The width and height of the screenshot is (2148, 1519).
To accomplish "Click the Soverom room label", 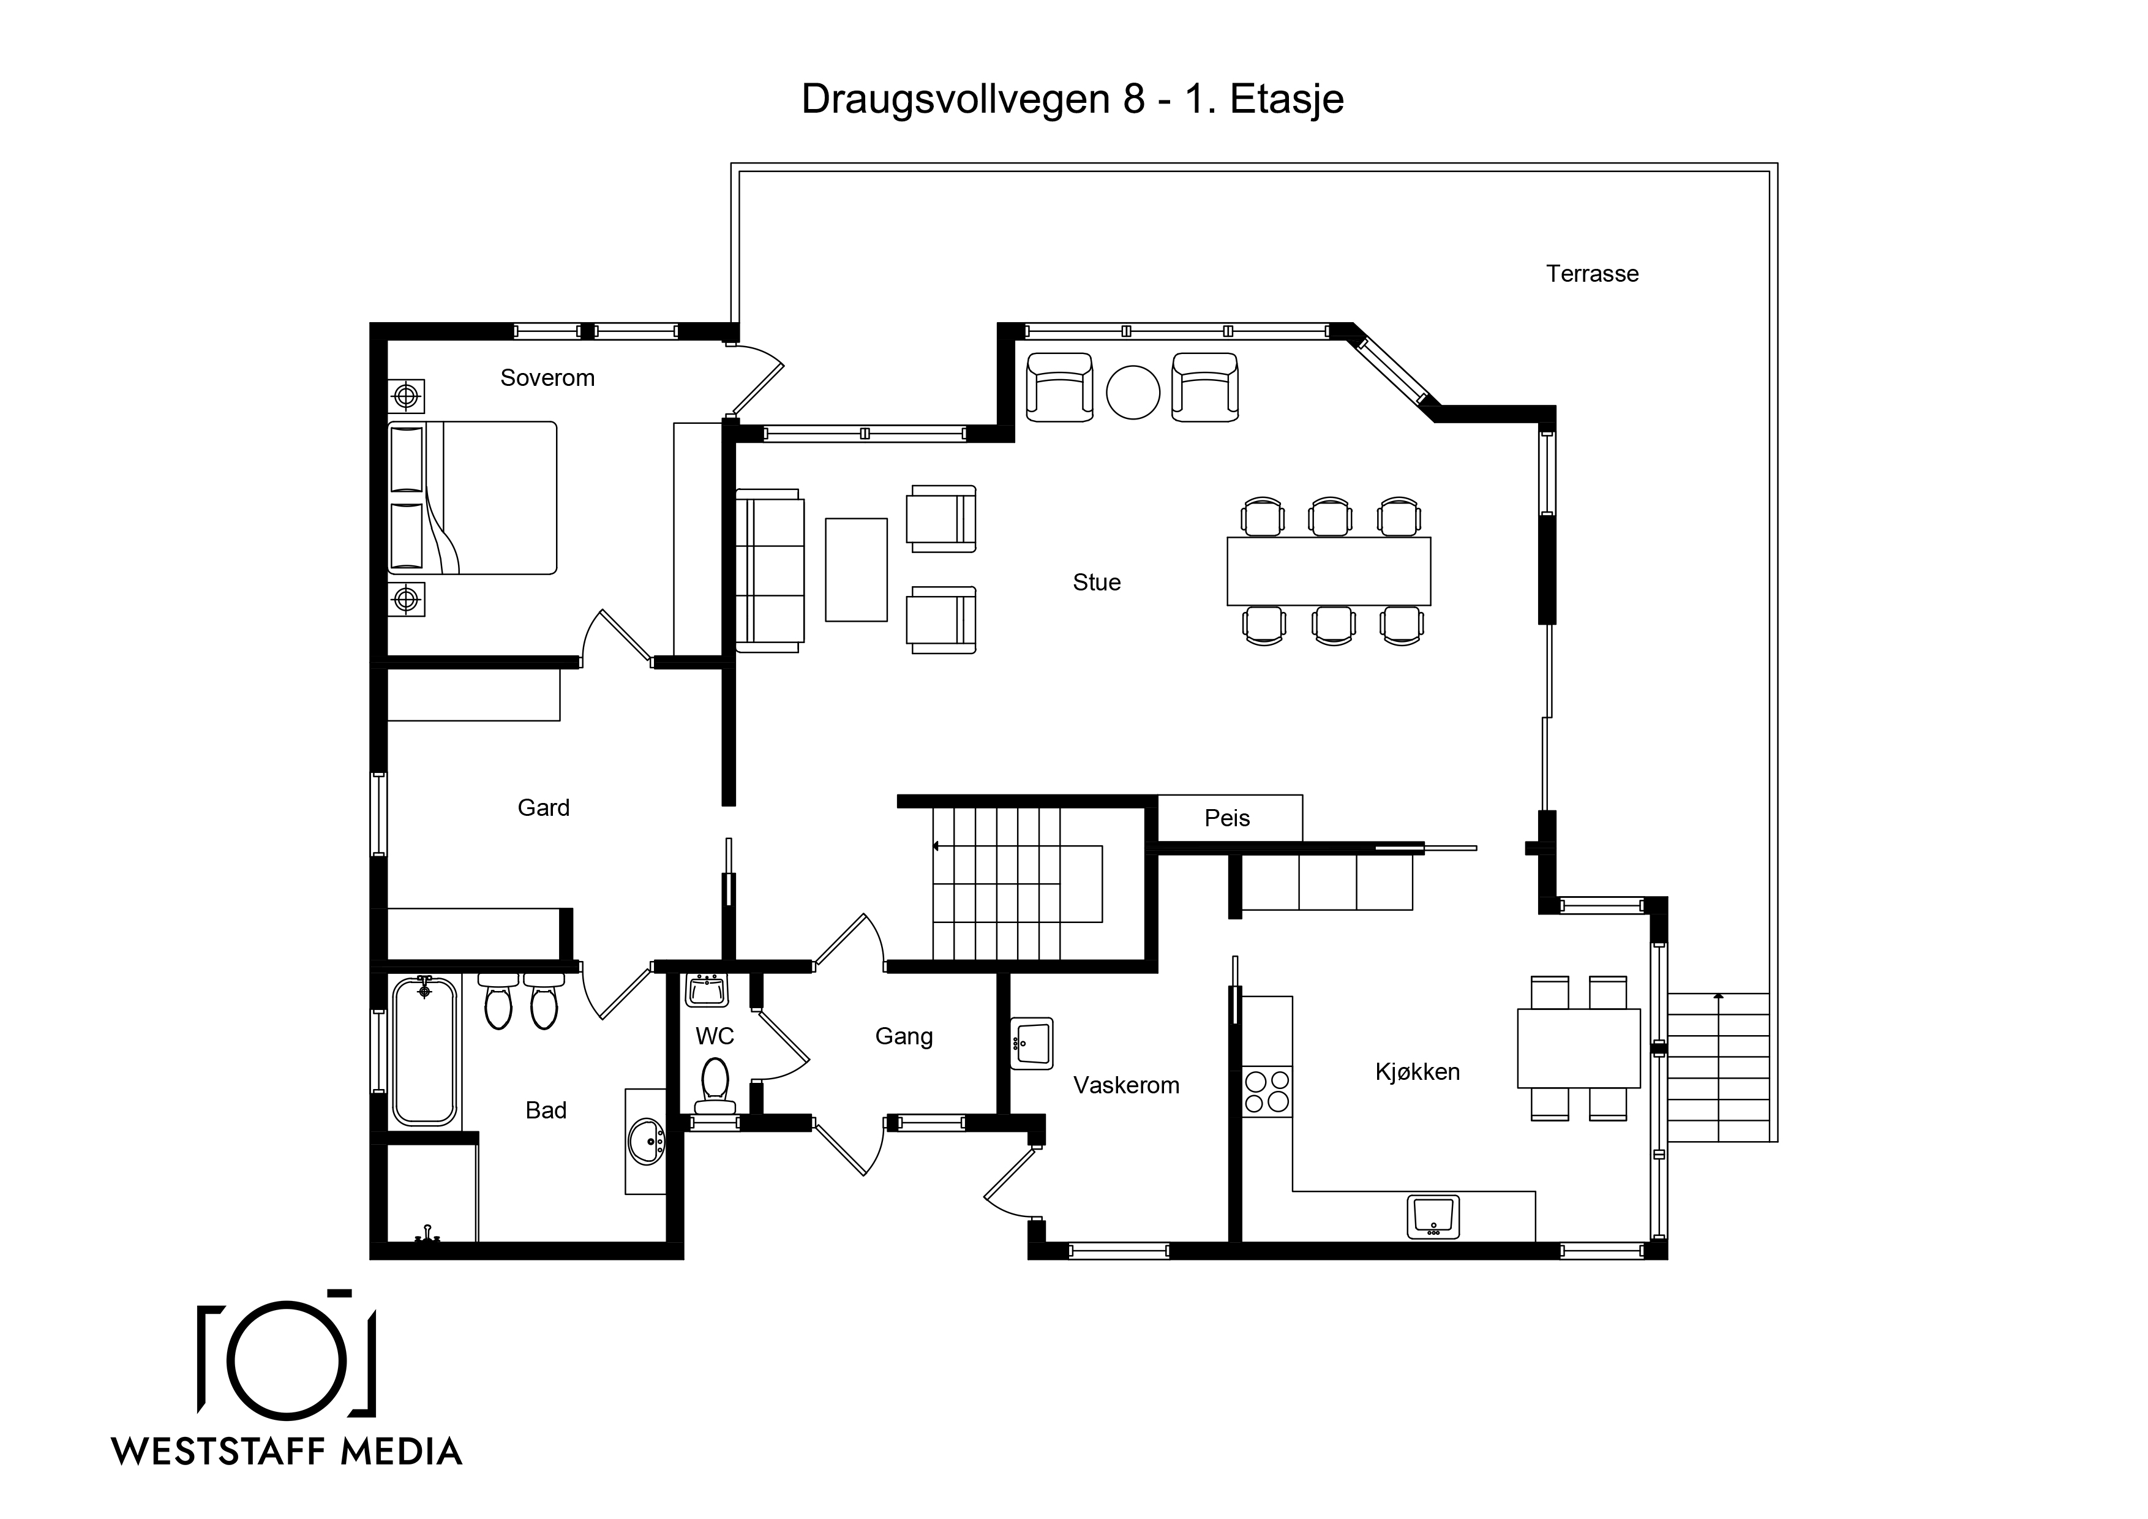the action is [547, 378].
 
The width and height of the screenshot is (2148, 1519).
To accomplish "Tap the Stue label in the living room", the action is [1097, 582].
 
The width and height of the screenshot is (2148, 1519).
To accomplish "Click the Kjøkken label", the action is [1418, 1072].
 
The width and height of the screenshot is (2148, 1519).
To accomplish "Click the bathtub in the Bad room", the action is [425, 1050].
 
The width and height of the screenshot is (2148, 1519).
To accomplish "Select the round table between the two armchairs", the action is [1133, 392].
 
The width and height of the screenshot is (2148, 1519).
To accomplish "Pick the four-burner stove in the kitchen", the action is [1267, 1091].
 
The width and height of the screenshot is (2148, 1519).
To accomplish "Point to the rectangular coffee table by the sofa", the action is [856, 570].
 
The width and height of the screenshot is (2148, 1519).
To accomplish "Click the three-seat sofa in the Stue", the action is [770, 570].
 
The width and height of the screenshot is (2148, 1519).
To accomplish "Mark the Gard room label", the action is [544, 808].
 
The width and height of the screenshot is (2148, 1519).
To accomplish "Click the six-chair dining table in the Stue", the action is [1329, 571].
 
